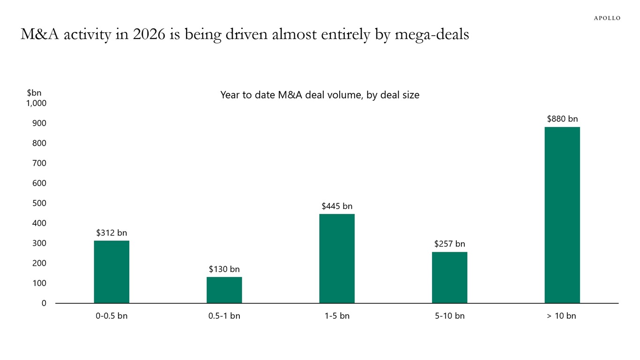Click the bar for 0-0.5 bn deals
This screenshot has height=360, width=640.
[112, 272]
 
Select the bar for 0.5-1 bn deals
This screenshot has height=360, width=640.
[224, 290]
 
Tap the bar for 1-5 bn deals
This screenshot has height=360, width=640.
[337, 259]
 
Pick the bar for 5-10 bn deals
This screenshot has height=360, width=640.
[449, 277]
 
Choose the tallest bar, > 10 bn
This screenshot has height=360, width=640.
[562, 215]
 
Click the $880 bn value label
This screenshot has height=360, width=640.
[562, 119]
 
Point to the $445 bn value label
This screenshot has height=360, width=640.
[337, 206]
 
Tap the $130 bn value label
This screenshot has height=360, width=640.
[224, 269]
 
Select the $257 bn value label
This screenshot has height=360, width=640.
[449, 244]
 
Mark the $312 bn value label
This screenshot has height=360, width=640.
[112, 232]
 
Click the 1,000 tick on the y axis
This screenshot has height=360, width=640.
[36, 103]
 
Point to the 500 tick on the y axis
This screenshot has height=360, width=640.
[39, 203]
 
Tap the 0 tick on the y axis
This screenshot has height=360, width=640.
[44, 303]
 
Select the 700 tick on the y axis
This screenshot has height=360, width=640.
[39, 163]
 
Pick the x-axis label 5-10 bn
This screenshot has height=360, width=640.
[449, 316]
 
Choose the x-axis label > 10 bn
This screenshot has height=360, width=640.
[561, 316]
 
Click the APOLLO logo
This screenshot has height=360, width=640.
[607, 18]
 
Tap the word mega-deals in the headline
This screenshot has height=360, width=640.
[432, 35]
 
